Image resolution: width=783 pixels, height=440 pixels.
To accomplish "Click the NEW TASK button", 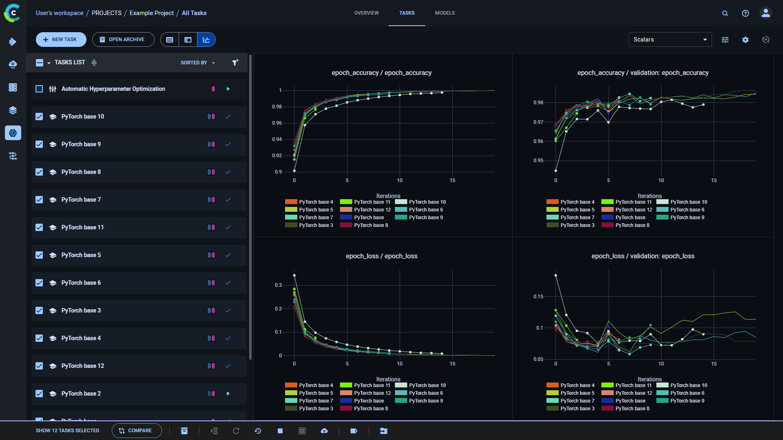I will point(61,40).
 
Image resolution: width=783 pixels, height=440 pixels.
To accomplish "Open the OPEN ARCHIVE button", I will point(123,40).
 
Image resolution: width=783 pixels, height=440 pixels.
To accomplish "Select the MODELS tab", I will point(445,13).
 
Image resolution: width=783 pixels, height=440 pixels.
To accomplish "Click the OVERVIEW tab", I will point(366,13).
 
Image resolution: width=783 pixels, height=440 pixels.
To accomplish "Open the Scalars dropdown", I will point(670,40).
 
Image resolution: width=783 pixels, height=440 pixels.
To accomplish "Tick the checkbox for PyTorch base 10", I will point(39,117).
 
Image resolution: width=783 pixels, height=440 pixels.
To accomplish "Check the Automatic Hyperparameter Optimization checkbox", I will point(39,89).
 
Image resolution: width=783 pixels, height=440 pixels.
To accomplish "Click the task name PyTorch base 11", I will point(82,227).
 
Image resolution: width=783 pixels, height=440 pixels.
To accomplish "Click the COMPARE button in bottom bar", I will point(136,431).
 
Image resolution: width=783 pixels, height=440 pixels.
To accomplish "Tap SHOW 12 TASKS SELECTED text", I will point(67,431).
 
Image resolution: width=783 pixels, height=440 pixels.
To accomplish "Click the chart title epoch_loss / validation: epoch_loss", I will point(643,256).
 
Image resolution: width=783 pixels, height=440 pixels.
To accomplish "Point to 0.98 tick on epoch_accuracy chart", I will point(277,107).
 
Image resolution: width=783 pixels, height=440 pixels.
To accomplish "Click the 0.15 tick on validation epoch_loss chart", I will point(538,297).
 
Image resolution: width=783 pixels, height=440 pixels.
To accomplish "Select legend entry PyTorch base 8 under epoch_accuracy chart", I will point(371,225).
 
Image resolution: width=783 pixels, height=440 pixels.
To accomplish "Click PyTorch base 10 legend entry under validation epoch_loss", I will point(688,385).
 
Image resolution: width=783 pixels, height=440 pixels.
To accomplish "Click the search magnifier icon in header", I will point(725,13).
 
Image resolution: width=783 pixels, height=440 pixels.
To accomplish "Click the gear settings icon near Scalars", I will point(745,40).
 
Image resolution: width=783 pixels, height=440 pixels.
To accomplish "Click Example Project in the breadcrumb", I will point(151,13).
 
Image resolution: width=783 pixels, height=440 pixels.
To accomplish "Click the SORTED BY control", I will point(197,63).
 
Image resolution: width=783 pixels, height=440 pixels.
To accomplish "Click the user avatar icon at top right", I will point(765,13).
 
